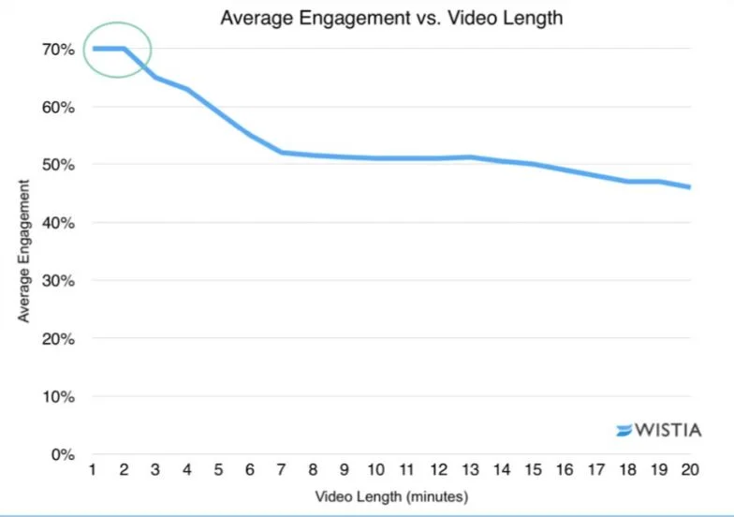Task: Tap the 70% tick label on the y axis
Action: point(55,49)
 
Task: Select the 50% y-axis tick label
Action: point(55,165)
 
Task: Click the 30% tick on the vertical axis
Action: point(55,281)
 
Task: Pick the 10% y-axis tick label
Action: point(55,397)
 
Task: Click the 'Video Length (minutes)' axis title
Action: point(391,495)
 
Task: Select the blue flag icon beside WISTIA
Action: point(624,431)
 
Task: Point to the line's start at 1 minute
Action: point(94,49)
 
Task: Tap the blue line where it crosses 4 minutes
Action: point(188,89)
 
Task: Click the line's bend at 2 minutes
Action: point(125,49)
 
